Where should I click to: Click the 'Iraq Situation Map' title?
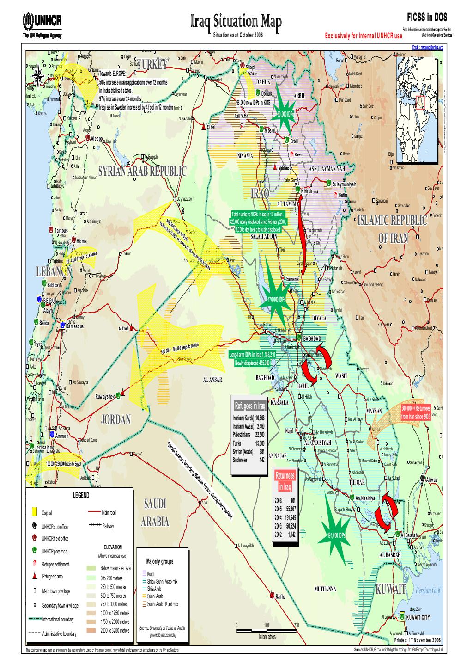236,21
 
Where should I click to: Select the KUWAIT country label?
391,589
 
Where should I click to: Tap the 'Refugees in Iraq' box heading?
249,406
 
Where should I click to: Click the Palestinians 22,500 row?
249,434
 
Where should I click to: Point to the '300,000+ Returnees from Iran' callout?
416,412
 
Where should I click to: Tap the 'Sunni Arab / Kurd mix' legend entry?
162,604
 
